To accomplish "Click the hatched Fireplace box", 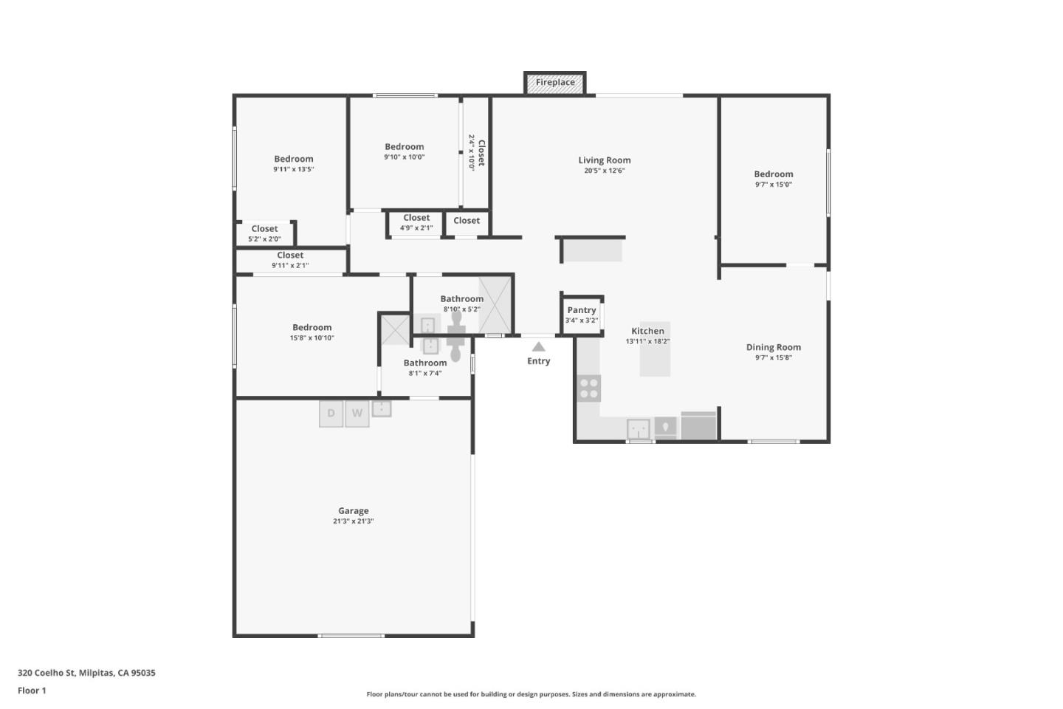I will point(555,83).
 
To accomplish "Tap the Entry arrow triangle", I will point(539,346).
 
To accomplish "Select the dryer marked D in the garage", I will point(331,414).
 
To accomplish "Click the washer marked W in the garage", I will point(357,414).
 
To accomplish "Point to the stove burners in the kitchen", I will point(589,388).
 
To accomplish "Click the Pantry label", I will point(582,310).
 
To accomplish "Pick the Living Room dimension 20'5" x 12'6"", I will point(605,171).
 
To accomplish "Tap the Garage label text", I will point(353,510).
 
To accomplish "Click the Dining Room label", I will point(773,347).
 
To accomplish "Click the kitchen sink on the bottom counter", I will point(639,428).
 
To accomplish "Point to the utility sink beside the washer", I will point(382,408).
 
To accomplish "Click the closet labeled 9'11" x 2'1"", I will point(290,260).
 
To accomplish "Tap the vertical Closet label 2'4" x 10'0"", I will point(476,152).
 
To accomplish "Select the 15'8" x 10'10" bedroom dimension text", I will point(312,338).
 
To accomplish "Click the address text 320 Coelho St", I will point(86,673).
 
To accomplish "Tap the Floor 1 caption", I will point(32,691).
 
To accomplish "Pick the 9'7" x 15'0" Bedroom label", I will point(773,174).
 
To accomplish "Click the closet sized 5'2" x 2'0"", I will point(264,233).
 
